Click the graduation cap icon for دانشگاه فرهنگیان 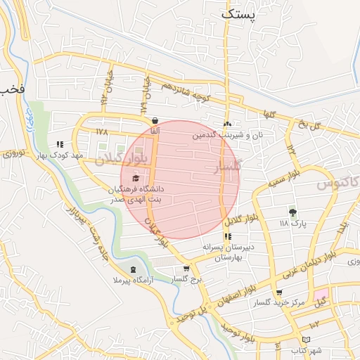[x=135, y=177]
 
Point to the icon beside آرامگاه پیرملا [x=133, y=270]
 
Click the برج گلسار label [x=186, y=279]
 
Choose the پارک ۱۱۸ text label [x=293, y=223]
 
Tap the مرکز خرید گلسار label [x=280, y=302]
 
